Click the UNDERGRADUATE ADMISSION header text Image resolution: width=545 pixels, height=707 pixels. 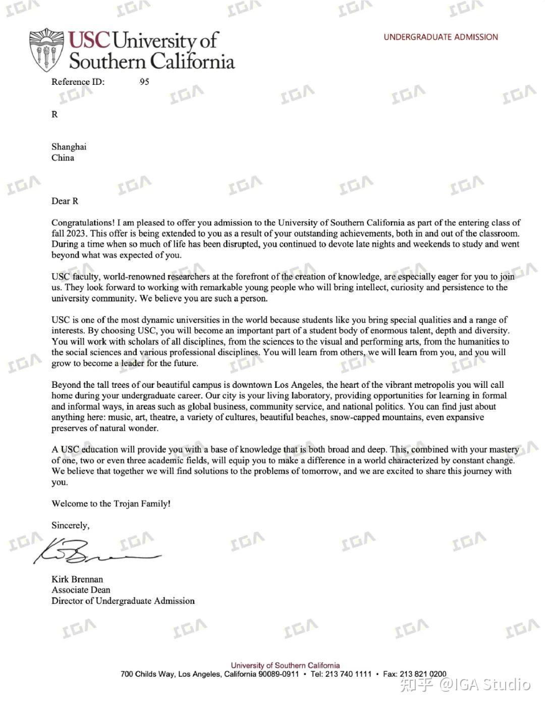(x=440, y=37)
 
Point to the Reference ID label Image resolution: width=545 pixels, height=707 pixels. (x=78, y=82)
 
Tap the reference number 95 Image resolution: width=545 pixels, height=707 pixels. (x=144, y=82)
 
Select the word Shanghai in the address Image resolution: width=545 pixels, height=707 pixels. (x=69, y=147)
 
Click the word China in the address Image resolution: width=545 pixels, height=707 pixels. (x=63, y=158)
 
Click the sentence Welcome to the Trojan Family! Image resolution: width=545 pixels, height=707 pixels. (x=111, y=503)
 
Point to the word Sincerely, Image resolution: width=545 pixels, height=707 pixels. (x=70, y=526)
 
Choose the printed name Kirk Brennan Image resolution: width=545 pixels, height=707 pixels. (x=77, y=579)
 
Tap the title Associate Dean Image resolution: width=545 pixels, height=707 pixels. (x=81, y=590)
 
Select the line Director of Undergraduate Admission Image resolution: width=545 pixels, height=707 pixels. (x=123, y=601)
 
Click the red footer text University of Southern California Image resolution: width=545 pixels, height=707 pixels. (x=285, y=666)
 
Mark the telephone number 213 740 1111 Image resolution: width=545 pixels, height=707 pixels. (x=348, y=674)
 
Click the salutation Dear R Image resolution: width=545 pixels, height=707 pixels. (x=65, y=201)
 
